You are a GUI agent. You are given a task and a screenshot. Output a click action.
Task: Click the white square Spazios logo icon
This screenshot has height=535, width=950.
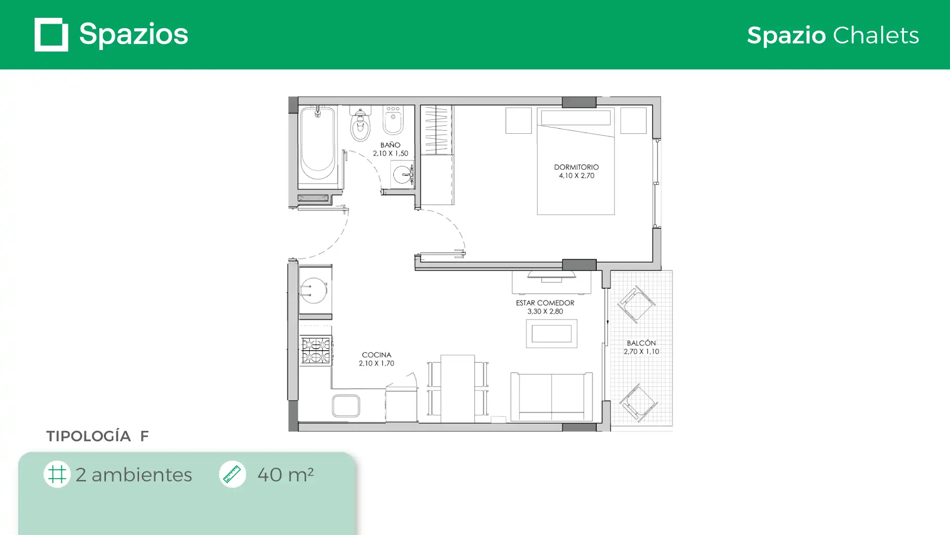[x=51, y=35]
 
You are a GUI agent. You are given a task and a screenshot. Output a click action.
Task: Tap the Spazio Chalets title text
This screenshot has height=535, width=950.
[x=833, y=36]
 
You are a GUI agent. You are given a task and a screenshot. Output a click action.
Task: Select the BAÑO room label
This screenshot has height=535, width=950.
[x=390, y=145]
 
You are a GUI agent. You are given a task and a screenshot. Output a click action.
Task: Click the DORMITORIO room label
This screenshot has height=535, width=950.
[x=576, y=167]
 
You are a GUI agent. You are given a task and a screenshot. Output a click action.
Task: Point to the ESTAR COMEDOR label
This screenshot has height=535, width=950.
[x=545, y=303]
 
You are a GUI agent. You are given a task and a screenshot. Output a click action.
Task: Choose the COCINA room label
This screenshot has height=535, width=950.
[x=377, y=355]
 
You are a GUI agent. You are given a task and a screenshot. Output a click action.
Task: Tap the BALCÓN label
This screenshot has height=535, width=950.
[x=641, y=343]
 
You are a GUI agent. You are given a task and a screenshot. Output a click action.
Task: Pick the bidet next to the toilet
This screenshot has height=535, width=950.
[x=393, y=120]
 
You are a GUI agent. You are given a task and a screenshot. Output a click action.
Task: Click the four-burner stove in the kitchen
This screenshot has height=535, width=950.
[x=316, y=350]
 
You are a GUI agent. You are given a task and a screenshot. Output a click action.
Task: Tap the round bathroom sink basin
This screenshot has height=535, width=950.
[x=402, y=175]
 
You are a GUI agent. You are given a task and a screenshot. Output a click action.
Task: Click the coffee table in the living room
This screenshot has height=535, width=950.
[x=552, y=333]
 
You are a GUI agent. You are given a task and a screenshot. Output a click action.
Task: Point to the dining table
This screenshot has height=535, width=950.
[x=458, y=389]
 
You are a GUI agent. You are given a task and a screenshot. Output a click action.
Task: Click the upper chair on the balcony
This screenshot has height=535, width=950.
[x=636, y=304]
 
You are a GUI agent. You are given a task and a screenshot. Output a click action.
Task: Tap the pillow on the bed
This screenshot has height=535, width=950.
[x=576, y=118]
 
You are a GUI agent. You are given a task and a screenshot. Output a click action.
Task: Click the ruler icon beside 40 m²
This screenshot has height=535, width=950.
[x=233, y=474]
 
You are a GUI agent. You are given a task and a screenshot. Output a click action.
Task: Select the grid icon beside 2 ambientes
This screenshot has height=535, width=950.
[x=57, y=474]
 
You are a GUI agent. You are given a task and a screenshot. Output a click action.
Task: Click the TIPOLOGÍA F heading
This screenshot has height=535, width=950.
[x=97, y=436]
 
